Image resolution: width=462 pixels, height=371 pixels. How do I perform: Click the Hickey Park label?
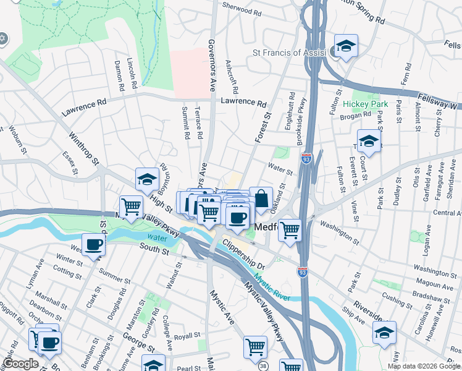366,104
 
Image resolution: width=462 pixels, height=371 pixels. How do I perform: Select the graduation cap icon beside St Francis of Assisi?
346,46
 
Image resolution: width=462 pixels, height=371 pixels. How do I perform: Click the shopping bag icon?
261,198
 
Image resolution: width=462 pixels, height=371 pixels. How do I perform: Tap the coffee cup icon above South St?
93,245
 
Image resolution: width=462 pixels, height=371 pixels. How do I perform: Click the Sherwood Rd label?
237,10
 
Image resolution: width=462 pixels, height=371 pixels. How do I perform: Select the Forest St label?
263,127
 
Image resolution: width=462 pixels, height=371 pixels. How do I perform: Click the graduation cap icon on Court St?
369,142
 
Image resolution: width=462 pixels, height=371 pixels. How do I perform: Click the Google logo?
21,363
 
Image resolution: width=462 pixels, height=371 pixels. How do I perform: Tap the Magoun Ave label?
436,281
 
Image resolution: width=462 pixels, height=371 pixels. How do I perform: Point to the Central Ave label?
447,213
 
